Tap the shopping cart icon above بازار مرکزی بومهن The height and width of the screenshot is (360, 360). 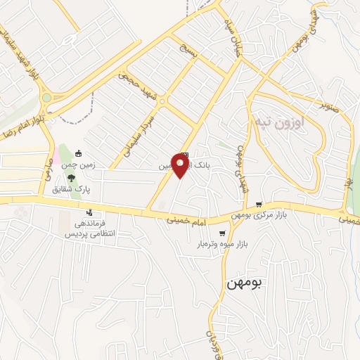(259, 185)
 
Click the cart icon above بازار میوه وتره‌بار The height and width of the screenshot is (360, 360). (222, 233)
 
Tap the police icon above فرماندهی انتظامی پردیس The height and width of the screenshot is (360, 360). (89, 212)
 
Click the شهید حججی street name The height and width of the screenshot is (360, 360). (139, 82)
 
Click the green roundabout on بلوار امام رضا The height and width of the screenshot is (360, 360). (48, 98)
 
